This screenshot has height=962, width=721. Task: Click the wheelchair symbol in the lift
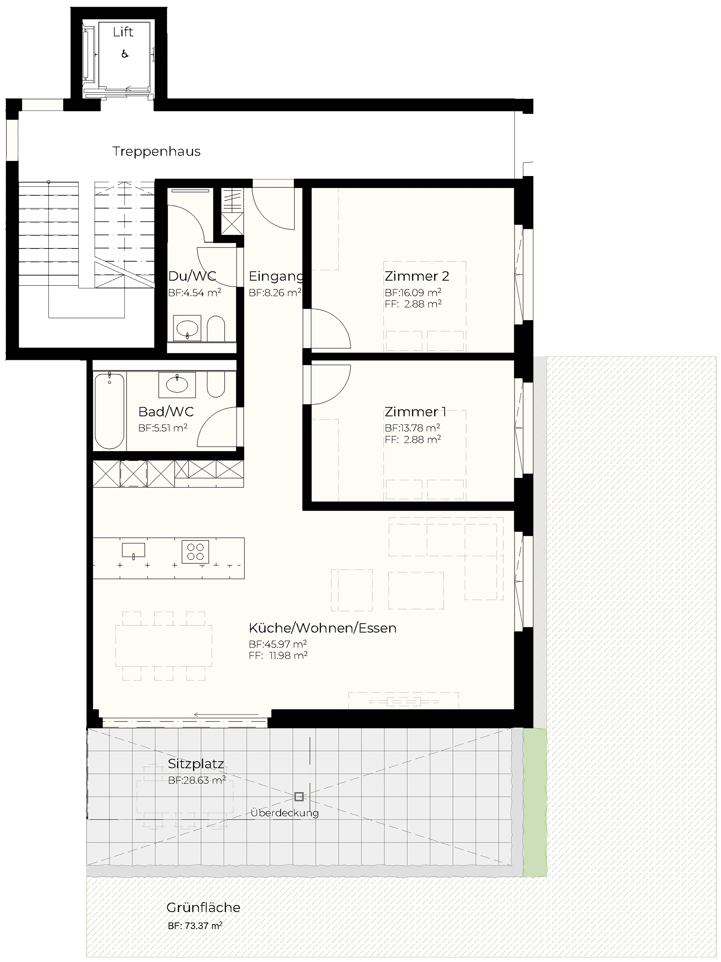(x=125, y=54)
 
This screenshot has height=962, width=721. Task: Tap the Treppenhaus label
(x=157, y=151)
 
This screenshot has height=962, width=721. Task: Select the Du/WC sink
(x=187, y=327)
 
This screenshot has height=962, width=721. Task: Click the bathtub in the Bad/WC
(x=110, y=410)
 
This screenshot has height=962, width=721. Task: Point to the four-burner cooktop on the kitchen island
(x=196, y=552)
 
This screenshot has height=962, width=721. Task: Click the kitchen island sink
(x=133, y=550)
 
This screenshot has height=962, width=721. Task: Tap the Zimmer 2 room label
(x=417, y=276)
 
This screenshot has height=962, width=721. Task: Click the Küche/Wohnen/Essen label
(x=323, y=628)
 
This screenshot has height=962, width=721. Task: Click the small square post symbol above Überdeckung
(x=299, y=797)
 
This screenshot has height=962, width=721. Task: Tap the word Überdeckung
(x=285, y=813)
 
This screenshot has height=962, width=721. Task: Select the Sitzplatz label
(x=196, y=764)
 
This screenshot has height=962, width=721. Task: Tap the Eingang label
(x=276, y=276)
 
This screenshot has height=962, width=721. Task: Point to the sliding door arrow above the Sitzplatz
(x=226, y=714)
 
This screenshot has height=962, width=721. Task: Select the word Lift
(x=123, y=32)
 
